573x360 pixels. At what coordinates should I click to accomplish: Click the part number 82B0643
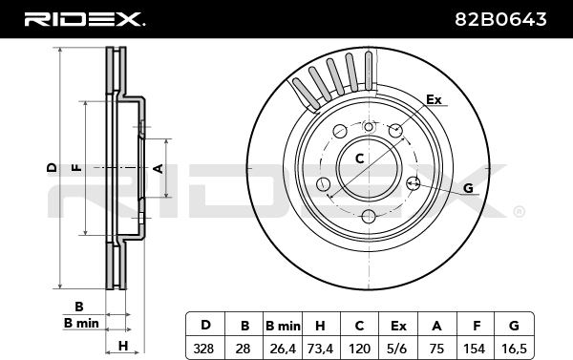[500, 19]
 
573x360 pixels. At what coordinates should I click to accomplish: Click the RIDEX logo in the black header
[85, 19]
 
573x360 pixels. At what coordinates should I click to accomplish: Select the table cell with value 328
[205, 349]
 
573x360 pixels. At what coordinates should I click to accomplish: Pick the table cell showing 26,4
[283, 349]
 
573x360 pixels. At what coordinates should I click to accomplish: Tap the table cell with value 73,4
[321, 349]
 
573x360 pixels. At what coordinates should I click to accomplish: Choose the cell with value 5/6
[398, 349]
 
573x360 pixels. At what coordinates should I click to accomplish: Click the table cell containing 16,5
[514, 349]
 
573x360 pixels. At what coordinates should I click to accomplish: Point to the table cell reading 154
[475, 349]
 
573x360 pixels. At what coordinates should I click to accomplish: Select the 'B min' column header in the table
[283, 325]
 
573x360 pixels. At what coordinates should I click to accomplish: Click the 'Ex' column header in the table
[398, 325]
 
